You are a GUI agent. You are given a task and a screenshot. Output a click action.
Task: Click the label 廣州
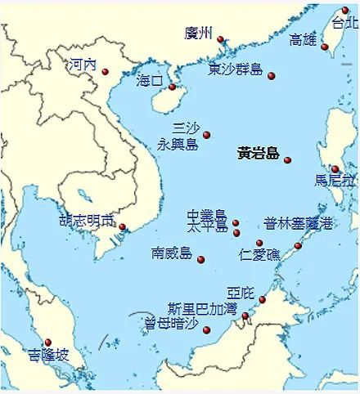point(199,34)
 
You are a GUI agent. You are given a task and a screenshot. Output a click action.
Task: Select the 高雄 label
point(304,40)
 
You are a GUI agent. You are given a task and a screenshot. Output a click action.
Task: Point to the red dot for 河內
point(106,72)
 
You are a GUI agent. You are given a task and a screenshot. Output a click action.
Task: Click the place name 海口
point(150,81)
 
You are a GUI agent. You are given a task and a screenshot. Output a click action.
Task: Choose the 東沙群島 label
point(236,69)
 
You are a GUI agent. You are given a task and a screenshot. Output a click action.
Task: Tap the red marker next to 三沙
point(207,135)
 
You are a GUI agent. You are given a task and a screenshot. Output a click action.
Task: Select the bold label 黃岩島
point(258,153)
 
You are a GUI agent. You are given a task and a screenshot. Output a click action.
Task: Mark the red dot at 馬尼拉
point(335,169)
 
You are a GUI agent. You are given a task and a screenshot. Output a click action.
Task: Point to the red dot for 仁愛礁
point(259,243)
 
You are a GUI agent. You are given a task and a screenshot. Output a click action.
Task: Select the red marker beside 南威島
point(201,260)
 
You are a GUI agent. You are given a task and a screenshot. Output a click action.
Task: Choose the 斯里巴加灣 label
point(201,308)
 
